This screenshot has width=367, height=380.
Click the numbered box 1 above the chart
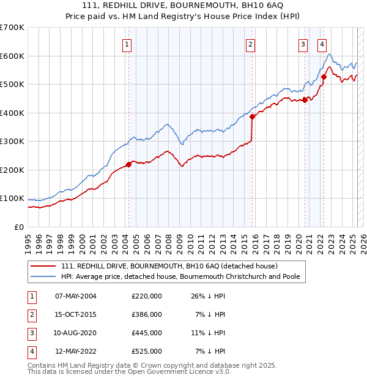(126, 44)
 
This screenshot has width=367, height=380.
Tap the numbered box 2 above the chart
(251, 44)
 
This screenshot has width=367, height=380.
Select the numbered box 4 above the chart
(322, 44)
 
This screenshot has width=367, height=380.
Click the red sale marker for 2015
(252, 116)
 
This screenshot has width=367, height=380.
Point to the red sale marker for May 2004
(128, 164)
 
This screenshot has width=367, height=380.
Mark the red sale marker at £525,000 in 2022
(324, 77)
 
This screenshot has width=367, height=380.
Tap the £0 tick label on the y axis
(20, 227)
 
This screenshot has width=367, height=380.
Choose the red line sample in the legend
(43, 266)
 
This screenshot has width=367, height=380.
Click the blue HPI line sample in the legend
(43, 276)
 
